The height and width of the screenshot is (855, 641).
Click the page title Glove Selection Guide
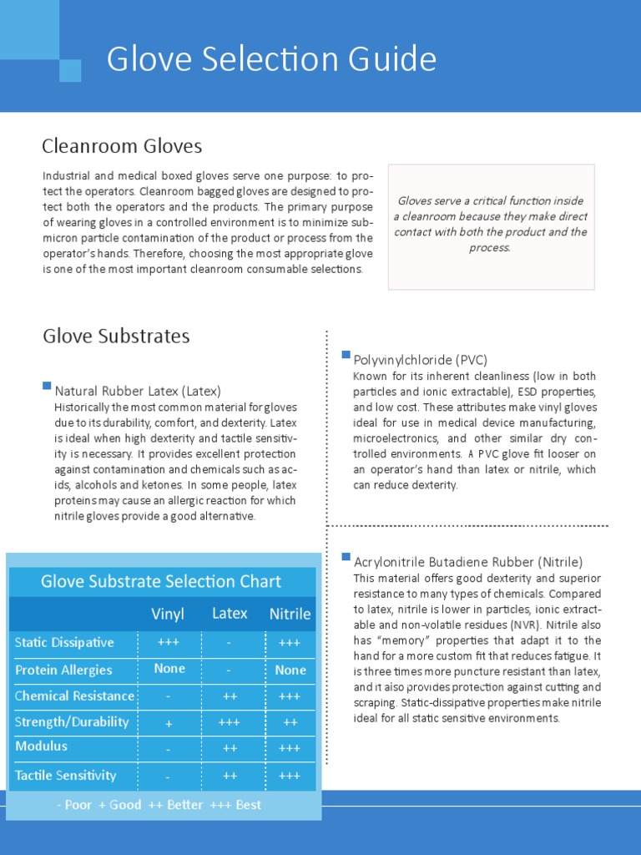pyautogui.click(x=271, y=60)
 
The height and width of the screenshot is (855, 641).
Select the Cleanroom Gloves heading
pyautogui.click(x=122, y=147)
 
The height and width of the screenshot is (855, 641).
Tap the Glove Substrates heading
pyautogui.click(x=116, y=336)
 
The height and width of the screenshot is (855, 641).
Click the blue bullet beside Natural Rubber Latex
pyautogui.click(x=47, y=386)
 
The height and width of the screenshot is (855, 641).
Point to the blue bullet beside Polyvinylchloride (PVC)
pyautogui.click(x=346, y=356)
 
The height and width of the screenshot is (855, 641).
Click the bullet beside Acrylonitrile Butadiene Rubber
pyautogui.click(x=346, y=557)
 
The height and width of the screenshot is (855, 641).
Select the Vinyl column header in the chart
pyautogui.click(x=168, y=614)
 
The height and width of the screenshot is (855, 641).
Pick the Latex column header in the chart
pyautogui.click(x=230, y=614)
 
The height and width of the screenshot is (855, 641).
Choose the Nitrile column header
pyautogui.click(x=290, y=615)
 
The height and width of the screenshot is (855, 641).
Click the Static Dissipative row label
pyautogui.click(x=64, y=643)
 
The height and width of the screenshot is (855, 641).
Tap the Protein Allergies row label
pyautogui.click(x=63, y=670)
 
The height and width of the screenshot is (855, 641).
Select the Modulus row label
pyautogui.click(x=41, y=746)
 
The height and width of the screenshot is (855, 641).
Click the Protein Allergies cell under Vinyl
pyautogui.click(x=169, y=670)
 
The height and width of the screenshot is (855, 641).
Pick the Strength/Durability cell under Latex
pyautogui.click(x=230, y=723)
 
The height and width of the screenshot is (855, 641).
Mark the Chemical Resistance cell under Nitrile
pyautogui.click(x=290, y=696)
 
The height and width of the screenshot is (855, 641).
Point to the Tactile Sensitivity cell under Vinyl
pyautogui.click(x=169, y=777)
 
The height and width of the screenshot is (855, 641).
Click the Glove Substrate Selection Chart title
pyautogui.click(x=161, y=582)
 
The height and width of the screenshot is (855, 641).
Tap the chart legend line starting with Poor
pyautogui.click(x=159, y=805)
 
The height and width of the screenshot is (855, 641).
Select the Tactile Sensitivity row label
pyautogui.click(x=65, y=776)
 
